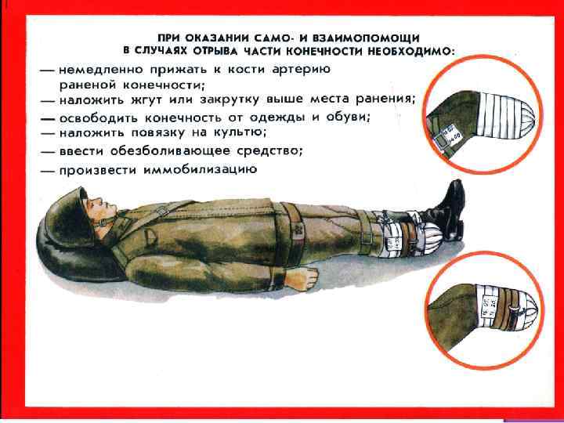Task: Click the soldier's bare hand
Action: tap(302, 278)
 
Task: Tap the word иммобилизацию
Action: tap(201, 170)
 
